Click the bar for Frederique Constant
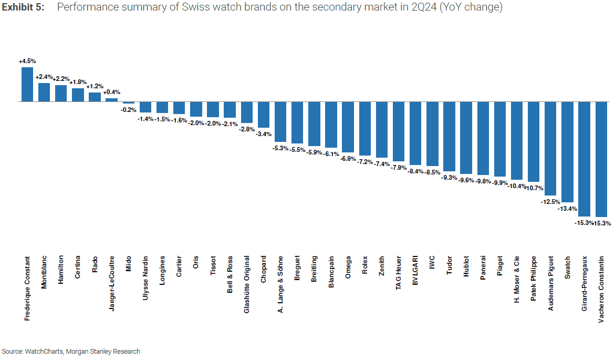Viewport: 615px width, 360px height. pyautogui.click(x=27, y=84)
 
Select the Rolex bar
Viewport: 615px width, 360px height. pyautogui.click(x=364, y=128)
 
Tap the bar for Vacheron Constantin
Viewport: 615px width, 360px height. pyautogui.click(x=601, y=159)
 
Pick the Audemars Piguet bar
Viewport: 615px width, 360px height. pyautogui.click(x=551, y=148)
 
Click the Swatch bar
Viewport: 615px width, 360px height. pyautogui.click(x=568, y=151)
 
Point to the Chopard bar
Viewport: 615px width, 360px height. pyautogui.click(x=264, y=114)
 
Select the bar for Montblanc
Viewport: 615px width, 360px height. pyautogui.click(x=44, y=92)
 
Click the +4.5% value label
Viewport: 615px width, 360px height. pyautogui.click(x=27, y=61)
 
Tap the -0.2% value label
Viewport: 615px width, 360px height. pyautogui.click(x=128, y=110)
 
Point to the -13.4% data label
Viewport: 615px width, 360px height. pyautogui.click(x=567, y=209)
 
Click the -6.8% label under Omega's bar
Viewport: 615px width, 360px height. pyautogui.click(x=348, y=158)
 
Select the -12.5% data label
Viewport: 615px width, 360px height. pyautogui.click(x=550, y=201)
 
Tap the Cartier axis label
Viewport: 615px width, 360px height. pyautogui.click(x=179, y=269)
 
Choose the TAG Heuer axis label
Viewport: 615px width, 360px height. pyautogui.click(x=399, y=274)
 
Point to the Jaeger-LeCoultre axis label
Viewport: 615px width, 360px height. pyautogui.click(x=111, y=284)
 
